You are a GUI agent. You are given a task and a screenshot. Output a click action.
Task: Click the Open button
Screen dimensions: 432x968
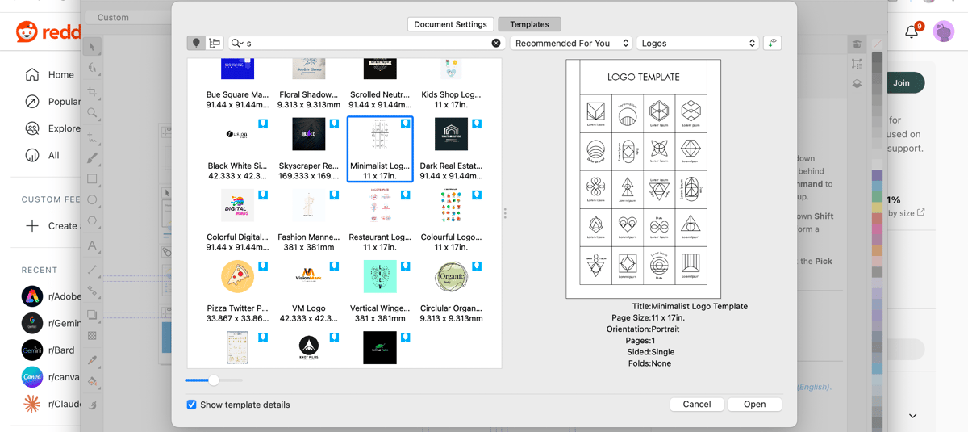[754, 404]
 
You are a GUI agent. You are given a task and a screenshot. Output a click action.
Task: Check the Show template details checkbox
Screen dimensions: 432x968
[192, 405]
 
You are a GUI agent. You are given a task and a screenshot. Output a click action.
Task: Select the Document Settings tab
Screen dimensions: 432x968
[450, 24]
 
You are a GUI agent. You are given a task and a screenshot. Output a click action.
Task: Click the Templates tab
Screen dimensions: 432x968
[529, 24]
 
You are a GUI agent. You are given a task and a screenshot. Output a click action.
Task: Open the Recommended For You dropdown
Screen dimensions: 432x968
[571, 43]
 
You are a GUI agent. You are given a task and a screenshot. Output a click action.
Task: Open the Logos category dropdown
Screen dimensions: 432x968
[698, 43]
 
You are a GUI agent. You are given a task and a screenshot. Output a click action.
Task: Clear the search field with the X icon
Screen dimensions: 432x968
[496, 43]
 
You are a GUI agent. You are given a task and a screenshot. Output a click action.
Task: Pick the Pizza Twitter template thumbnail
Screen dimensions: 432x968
[237, 277]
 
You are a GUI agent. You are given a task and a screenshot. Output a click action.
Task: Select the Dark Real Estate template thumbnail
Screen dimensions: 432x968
[451, 134]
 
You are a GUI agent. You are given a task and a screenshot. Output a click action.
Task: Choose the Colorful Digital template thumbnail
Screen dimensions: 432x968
[237, 206]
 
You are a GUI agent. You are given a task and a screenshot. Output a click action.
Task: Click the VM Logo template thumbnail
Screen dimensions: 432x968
[309, 277]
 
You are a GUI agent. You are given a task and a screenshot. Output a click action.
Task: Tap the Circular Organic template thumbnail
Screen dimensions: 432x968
[451, 277]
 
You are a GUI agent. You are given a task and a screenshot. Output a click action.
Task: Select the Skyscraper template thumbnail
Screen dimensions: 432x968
[309, 134]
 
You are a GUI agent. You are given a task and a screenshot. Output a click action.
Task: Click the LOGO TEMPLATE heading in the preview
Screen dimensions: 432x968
[643, 78]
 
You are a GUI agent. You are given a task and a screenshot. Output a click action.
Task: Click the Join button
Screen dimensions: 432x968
[901, 82]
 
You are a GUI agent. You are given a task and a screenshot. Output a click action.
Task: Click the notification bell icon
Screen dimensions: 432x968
[912, 31]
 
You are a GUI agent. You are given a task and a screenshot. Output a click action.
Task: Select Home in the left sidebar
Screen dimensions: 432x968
[60, 74]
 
